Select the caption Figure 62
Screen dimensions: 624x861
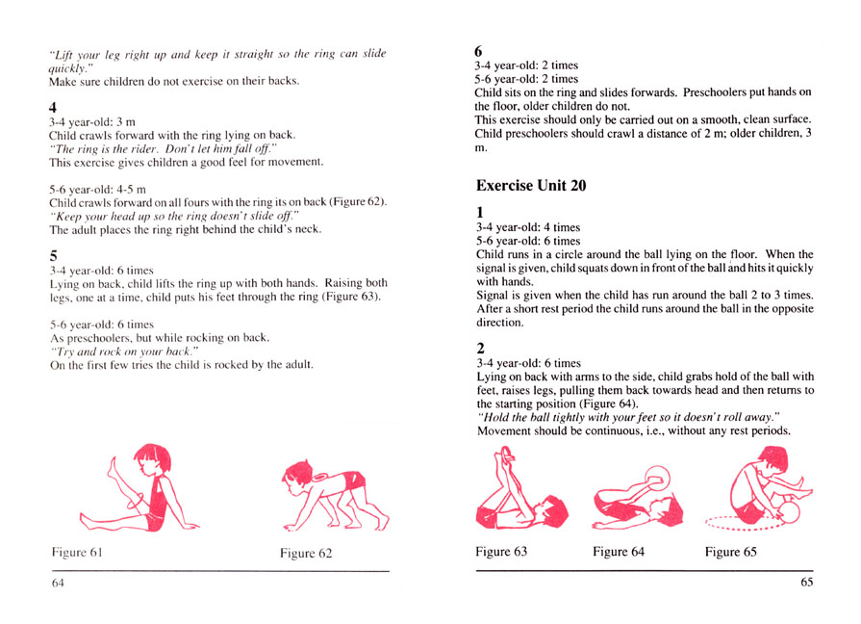point(306,553)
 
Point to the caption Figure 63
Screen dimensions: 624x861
point(501,552)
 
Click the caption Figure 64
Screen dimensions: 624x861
point(619,552)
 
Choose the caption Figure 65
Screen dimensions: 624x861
point(730,552)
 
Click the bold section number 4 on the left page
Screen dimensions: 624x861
point(54,108)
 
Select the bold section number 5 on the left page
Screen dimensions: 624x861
point(54,256)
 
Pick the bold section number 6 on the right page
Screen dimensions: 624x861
point(481,51)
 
